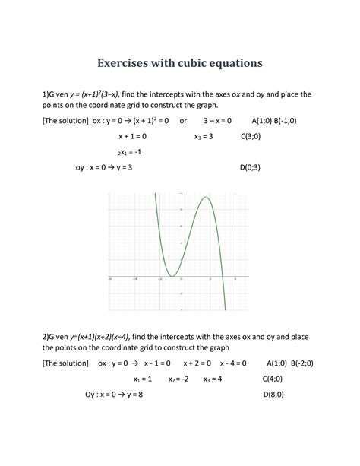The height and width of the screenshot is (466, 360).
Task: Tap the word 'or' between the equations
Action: tap(183, 120)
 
